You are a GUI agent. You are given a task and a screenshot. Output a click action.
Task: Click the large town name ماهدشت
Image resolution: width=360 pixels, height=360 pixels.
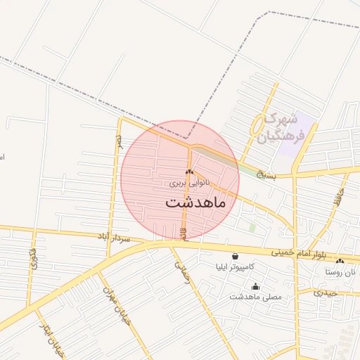coord(195,202)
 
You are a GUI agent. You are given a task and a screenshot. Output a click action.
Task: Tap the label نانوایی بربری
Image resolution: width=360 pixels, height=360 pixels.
coord(189,183)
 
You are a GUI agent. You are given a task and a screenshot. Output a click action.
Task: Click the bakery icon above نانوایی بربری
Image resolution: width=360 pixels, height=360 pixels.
coord(188,172)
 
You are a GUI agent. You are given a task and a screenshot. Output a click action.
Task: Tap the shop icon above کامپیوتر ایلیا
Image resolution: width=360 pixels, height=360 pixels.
coord(234,257)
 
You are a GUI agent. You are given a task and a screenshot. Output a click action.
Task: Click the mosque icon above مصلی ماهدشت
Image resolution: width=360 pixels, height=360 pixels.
coord(255,286)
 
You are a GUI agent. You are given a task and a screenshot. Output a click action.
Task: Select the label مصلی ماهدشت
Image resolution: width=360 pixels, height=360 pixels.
coord(255,297)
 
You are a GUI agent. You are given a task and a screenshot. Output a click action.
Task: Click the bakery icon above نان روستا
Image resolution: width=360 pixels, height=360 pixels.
coord(340,261)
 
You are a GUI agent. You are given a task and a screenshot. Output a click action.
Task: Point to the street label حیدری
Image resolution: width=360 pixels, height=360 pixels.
coord(326,292)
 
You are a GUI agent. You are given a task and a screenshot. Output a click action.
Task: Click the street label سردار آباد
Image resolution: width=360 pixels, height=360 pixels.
coord(115,238)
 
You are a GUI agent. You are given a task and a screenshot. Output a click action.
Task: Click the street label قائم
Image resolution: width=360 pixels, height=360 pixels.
coord(184,232)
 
